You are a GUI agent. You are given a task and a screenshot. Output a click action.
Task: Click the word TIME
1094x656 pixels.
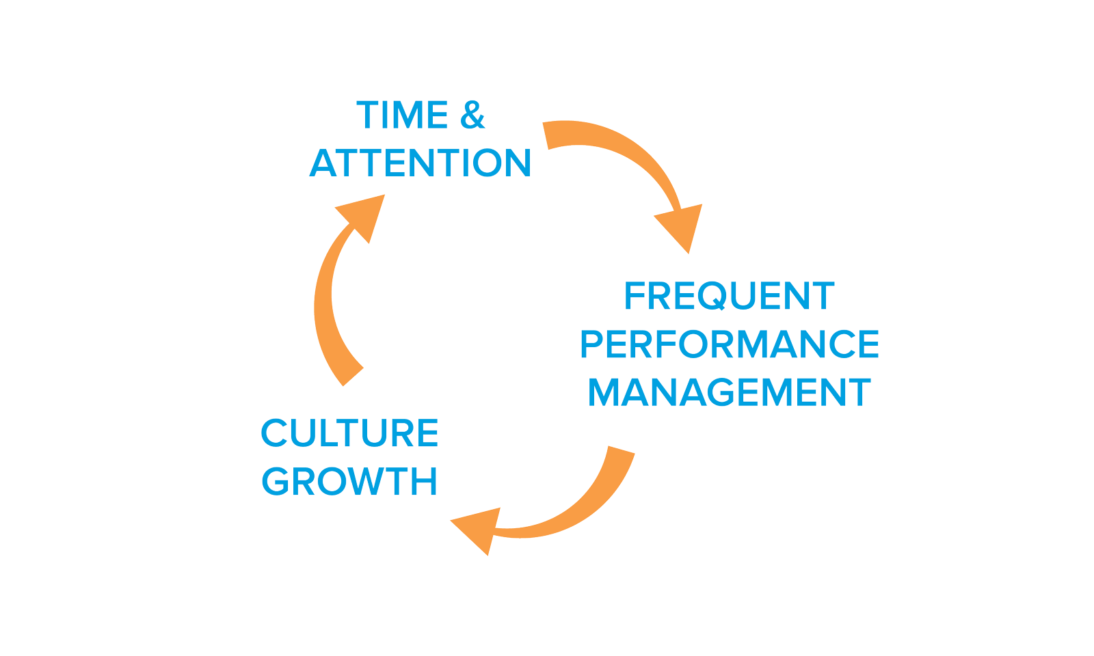pos(402,115)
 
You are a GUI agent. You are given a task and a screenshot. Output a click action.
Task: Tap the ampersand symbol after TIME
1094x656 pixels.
pos(472,115)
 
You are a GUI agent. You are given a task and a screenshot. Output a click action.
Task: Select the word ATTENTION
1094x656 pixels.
pos(420,163)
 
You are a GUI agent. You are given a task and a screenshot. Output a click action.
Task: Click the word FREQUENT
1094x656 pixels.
pos(729,296)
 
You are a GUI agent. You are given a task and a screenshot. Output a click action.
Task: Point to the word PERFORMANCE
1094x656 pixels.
pos(729,344)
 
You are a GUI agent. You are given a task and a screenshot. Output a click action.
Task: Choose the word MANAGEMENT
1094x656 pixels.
pos(729,392)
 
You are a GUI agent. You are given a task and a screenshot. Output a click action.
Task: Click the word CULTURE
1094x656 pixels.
pos(349,433)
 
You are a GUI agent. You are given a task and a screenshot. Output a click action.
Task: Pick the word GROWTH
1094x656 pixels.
pos(349,481)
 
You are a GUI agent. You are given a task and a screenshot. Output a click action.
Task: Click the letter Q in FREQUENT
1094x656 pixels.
pos(715,297)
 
